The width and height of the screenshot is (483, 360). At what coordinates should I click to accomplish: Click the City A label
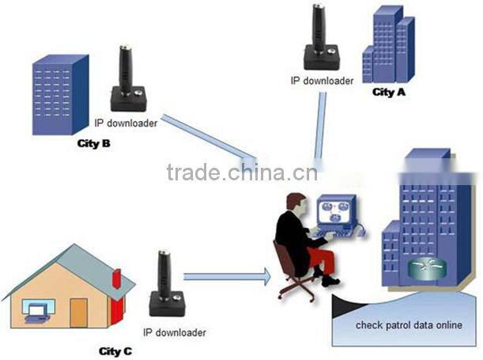click(x=389, y=93)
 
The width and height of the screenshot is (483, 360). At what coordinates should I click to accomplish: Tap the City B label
click(x=93, y=143)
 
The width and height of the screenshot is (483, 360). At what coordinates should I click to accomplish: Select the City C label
click(x=115, y=350)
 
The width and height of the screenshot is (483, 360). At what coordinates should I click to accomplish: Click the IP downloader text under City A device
click(x=322, y=80)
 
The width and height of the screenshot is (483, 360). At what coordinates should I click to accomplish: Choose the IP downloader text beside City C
click(x=175, y=332)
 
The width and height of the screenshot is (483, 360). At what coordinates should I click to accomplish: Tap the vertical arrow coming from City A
click(x=319, y=127)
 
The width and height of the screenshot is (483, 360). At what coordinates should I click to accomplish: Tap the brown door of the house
click(x=78, y=313)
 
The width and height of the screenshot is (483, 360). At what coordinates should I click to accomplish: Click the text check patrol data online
click(x=409, y=325)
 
